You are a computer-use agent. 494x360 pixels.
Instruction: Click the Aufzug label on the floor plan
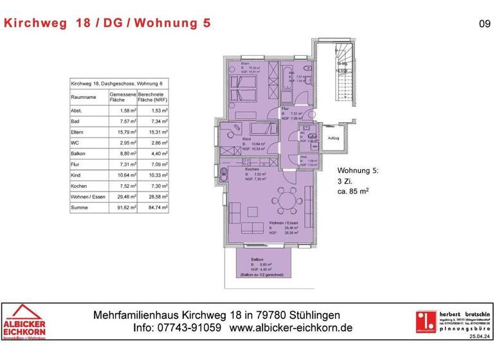pyautogui.click(x=333, y=138)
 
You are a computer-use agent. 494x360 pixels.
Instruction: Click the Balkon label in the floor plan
pyautogui.click(x=257, y=259)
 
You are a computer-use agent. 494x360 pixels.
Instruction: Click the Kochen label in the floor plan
pyautogui.click(x=243, y=168)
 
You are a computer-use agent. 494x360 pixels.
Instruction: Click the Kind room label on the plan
pyautogui.click(x=246, y=139)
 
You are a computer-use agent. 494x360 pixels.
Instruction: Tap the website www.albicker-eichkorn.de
pyautogui.click(x=291, y=328)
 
